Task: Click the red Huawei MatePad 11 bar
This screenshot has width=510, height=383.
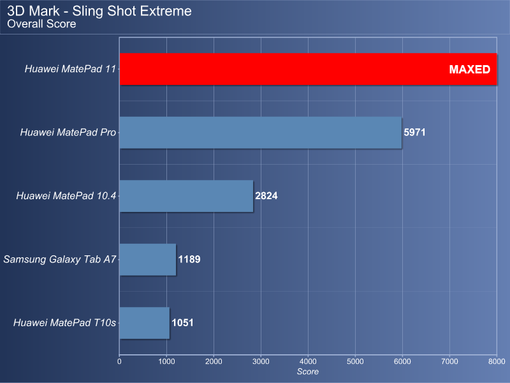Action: coord(308,69)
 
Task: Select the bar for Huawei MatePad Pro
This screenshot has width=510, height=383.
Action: coord(261,133)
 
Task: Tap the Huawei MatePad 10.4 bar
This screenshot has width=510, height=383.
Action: coord(186,196)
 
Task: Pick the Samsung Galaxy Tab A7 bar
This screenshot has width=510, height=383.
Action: coord(148,260)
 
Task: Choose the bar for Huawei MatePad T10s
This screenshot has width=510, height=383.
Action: coord(145,323)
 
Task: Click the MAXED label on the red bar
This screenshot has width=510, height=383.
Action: coord(469,70)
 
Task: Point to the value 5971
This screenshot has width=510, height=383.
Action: coord(414,132)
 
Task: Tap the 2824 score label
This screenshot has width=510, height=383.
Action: coord(266,196)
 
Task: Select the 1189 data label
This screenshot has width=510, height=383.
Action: coord(189,259)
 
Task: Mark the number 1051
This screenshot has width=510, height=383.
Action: coord(182,323)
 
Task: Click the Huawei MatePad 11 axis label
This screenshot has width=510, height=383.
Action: coord(70,69)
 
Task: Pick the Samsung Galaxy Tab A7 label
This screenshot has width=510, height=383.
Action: coord(60,260)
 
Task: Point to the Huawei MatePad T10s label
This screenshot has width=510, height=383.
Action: coord(64,323)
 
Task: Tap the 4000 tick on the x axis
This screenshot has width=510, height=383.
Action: coord(308,361)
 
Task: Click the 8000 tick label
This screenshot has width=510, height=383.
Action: coord(497,361)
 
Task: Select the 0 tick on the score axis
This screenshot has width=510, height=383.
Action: coord(119,361)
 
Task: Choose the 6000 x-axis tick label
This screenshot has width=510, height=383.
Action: coord(402,361)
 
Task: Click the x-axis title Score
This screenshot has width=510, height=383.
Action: coord(308,372)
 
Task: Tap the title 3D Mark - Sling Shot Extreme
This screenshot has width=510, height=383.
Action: coord(99,11)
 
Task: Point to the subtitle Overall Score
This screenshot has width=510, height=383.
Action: coord(41,24)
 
